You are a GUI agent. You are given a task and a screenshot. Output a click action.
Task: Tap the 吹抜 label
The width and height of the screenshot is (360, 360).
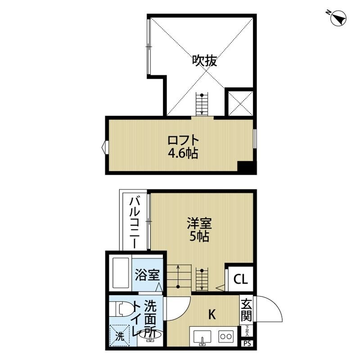point(205,61)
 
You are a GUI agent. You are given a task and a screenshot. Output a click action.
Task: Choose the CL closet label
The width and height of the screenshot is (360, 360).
point(240,279)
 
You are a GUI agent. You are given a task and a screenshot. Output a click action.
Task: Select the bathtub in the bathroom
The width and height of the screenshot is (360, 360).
point(120,274)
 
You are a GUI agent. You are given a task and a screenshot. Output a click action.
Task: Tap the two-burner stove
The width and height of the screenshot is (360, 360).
point(225,336)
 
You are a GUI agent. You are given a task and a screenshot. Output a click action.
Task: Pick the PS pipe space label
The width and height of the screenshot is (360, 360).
point(247,344)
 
